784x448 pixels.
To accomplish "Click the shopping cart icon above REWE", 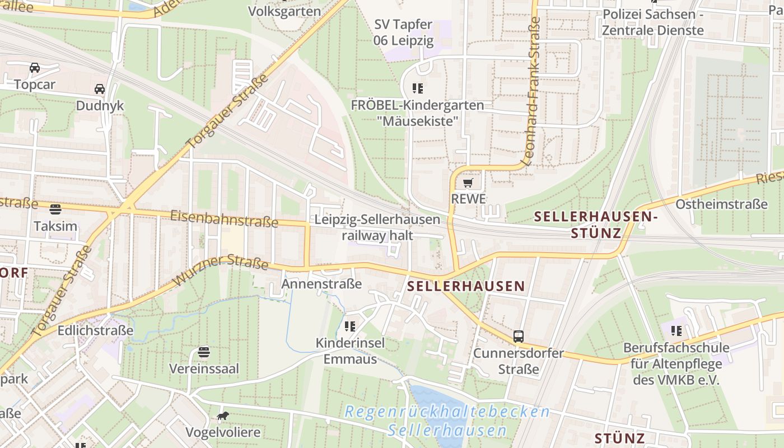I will [468, 183].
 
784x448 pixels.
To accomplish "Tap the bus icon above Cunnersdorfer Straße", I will [519, 336].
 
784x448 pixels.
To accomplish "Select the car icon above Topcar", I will [35, 68].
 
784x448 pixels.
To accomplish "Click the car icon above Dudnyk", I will [100, 89].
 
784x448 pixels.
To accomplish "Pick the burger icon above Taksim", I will [55, 209].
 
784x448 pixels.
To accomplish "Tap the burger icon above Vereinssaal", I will [204, 352].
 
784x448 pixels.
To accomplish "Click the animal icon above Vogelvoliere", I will [223, 416].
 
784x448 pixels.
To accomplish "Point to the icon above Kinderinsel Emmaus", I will [351, 326].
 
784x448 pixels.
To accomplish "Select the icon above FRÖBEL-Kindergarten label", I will [417, 88].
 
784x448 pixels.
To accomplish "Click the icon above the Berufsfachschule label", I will [676, 330].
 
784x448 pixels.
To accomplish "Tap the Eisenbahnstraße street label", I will [224, 218].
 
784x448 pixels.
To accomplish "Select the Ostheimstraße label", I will [721, 204].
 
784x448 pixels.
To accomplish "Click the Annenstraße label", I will [321, 284].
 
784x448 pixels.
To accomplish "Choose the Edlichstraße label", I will [95, 330].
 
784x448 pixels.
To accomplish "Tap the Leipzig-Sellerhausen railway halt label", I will [377, 227].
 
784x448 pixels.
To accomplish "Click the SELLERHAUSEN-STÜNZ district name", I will [595, 224].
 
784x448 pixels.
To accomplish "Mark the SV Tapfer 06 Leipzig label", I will [403, 32].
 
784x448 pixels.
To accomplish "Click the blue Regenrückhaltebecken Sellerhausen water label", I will [447, 421].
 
